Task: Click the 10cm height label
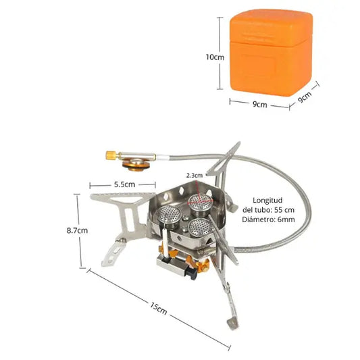(x=215, y=57)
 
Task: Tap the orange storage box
(x=271, y=53)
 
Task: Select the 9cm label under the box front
(x=260, y=104)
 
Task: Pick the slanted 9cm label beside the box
(x=305, y=97)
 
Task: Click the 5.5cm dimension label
(x=124, y=184)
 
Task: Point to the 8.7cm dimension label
(x=77, y=230)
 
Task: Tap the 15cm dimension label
(x=159, y=309)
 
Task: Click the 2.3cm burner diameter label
(x=195, y=176)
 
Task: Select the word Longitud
(x=267, y=200)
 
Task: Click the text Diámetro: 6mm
(x=268, y=220)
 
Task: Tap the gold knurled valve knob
(x=111, y=155)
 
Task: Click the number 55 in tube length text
(x=279, y=210)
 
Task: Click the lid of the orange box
(x=272, y=27)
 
